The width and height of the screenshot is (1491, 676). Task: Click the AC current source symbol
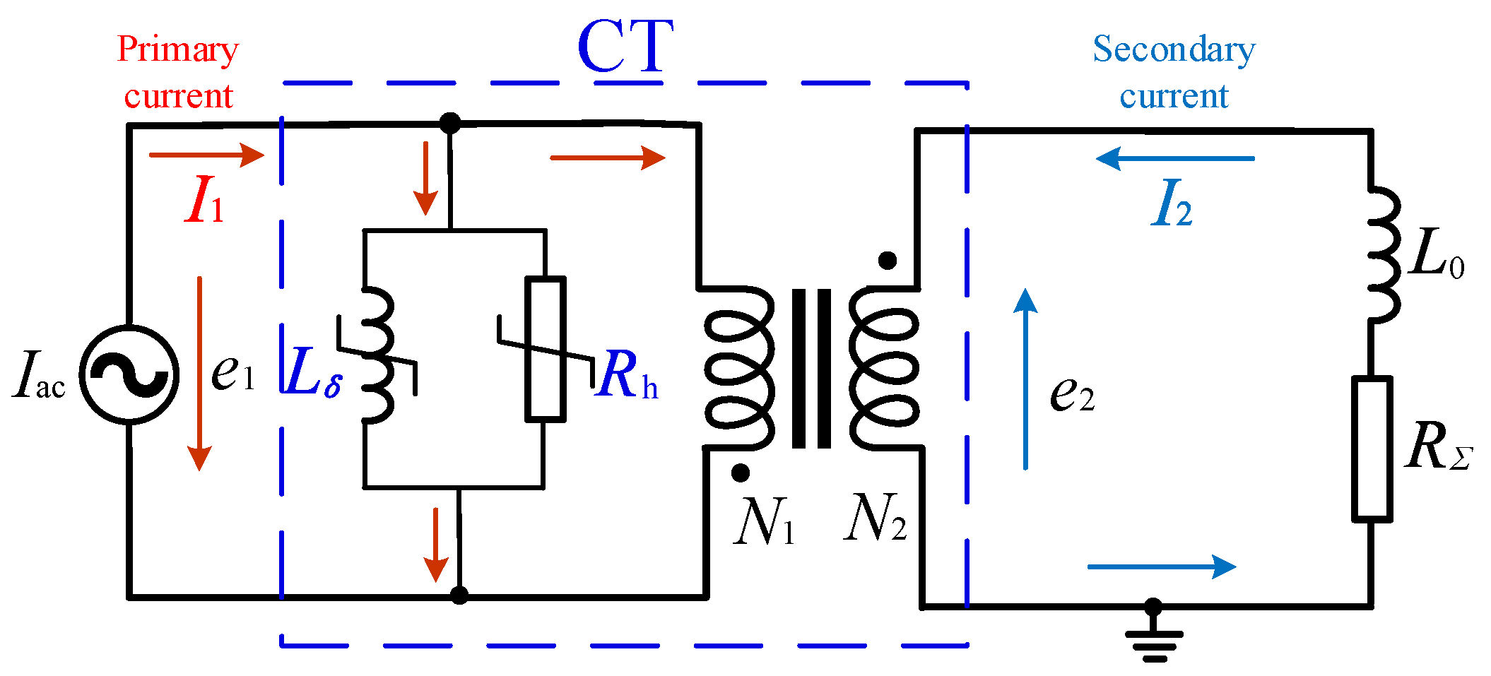click(129, 374)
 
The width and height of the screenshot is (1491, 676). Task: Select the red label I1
click(204, 201)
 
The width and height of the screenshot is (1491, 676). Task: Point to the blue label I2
click(1172, 204)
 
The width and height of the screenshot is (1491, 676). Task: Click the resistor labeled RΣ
click(1372, 449)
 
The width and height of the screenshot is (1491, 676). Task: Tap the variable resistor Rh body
click(545, 349)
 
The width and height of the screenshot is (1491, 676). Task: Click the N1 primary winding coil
click(738, 367)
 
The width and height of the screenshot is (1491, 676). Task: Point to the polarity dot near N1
click(740, 473)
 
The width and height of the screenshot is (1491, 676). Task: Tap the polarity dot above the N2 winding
click(888, 261)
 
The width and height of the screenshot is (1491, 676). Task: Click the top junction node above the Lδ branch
click(450, 124)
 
